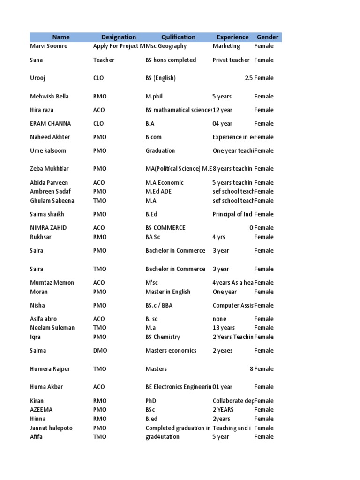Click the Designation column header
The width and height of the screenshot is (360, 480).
[x=119, y=37]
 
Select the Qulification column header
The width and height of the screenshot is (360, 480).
[x=178, y=37]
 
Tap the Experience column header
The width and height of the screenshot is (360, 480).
[x=232, y=37]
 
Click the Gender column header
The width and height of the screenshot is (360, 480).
[x=267, y=37]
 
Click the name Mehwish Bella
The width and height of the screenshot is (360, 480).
[x=49, y=96]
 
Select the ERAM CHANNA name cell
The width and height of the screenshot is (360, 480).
[x=50, y=123]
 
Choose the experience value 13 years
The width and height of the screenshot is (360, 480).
[x=224, y=328]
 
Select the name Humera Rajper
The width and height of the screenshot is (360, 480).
[x=50, y=369]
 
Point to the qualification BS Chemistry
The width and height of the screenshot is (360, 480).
[x=163, y=337]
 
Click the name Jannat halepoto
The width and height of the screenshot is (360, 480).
[x=51, y=428]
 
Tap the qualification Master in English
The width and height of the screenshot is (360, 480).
[x=168, y=292]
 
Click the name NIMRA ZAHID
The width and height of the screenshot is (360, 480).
[x=48, y=228]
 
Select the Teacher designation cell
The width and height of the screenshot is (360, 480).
[x=104, y=60]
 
